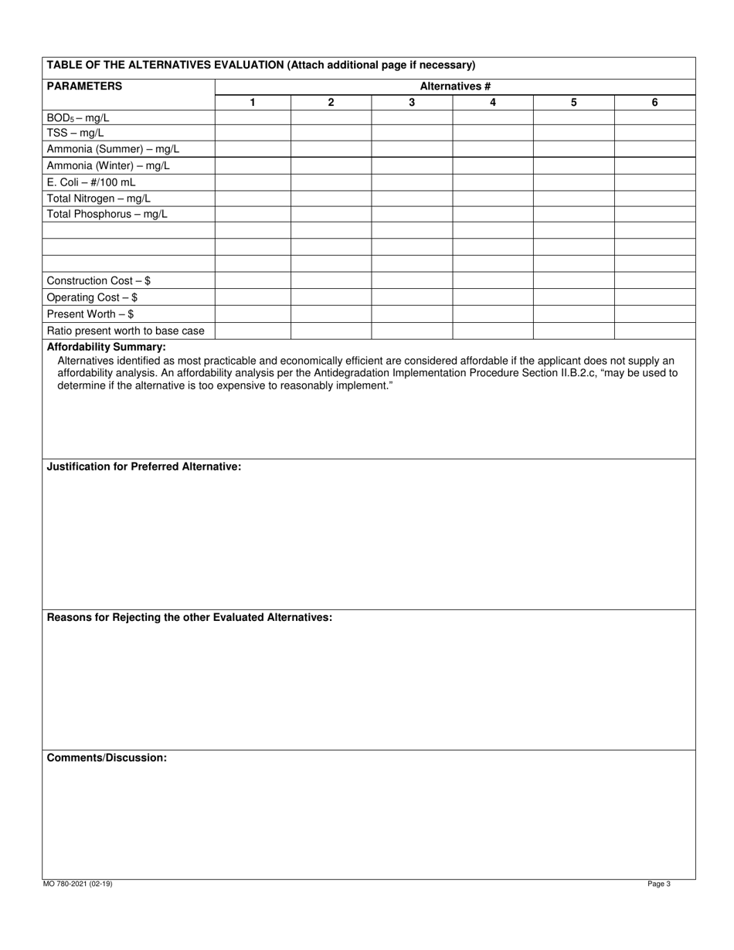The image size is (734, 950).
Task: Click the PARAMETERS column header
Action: (x=84, y=87)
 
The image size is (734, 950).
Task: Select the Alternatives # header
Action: (x=455, y=87)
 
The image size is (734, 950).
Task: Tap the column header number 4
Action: (x=492, y=103)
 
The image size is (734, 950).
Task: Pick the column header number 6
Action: (x=654, y=103)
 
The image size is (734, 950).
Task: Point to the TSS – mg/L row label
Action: (x=76, y=134)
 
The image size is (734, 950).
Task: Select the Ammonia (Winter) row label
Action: (x=108, y=166)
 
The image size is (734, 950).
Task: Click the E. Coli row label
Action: (x=90, y=182)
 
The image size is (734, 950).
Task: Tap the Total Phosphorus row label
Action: (x=107, y=214)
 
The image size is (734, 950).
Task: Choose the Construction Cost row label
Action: (x=98, y=281)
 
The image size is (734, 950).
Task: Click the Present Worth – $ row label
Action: (x=90, y=314)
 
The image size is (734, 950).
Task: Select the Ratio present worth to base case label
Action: (x=125, y=331)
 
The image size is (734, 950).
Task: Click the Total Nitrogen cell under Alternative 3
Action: (x=412, y=198)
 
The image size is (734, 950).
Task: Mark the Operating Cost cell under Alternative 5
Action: (x=573, y=297)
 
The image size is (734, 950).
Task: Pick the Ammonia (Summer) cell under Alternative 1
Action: (x=253, y=149)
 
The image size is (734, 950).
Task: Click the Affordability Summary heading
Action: (x=106, y=347)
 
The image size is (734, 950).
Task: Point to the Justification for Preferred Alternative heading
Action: (x=144, y=467)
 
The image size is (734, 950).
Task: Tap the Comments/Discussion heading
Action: (x=107, y=758)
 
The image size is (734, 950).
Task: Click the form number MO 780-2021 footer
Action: (x=77, y=884)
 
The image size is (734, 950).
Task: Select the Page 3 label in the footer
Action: (x=659, y=884)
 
